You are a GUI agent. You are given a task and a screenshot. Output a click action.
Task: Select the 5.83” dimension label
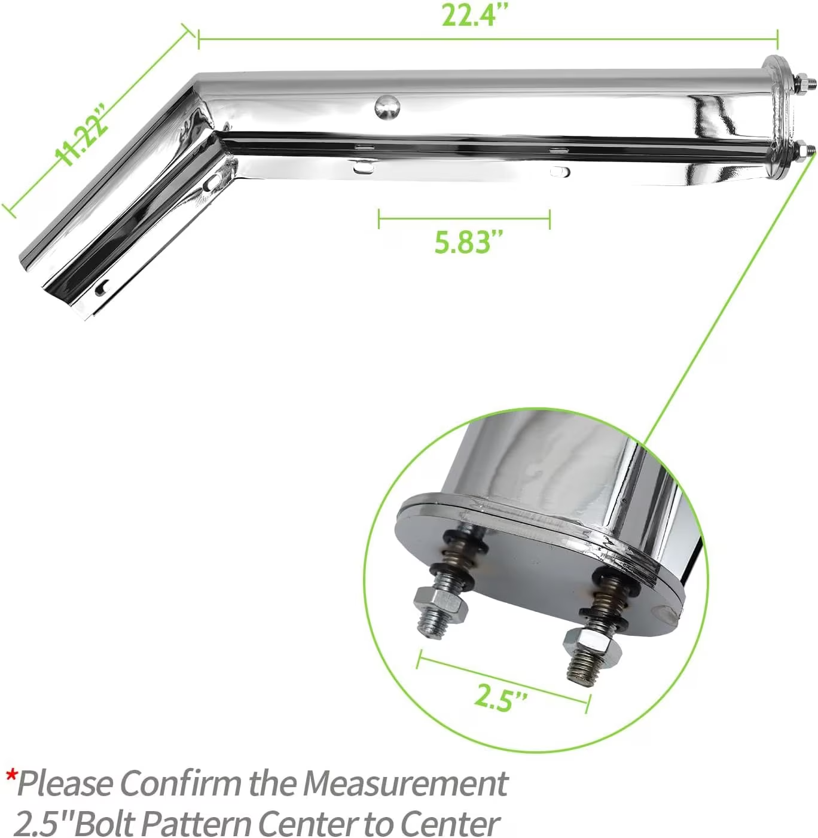pyautogui.click(x=468, y=242)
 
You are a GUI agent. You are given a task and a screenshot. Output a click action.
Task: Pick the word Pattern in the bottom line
pyautogui.click(x=196, y=824)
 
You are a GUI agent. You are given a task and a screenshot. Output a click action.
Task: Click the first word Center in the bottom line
pyautogui.click(x=307, y=824)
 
